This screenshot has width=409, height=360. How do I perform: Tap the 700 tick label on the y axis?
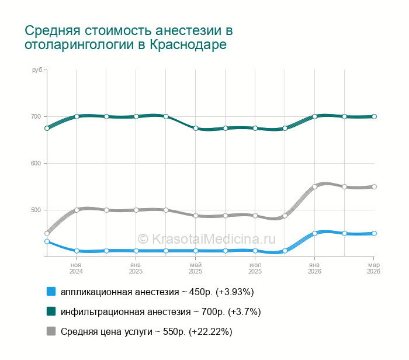(x=36, y=117)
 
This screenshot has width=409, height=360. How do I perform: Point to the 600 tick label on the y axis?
(x=36, y=164)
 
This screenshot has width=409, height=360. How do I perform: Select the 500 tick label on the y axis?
(x=36, y=210)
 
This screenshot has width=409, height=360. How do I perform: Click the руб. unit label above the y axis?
(x=37, y=70)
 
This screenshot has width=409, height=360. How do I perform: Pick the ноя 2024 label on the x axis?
(x=77, y=268)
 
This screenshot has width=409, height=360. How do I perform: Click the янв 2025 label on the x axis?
(x=136, y=268)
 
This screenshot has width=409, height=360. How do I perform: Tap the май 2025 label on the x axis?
(x=196, y=268)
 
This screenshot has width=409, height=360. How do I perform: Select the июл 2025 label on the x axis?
(x=255, y=268)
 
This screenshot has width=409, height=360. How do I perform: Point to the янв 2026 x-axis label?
(x=314, y=268)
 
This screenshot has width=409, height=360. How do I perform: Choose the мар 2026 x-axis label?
(x=374, y=268)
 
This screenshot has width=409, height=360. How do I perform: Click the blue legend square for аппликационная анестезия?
(x=51, y=292)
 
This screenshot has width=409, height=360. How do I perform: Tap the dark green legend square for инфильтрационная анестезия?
(x=51, y=311)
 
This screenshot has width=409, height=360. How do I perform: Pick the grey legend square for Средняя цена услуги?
(x=51, y=331)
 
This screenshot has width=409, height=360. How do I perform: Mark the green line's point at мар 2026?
(x=374, y=117)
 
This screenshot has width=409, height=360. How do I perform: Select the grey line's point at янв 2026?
(x=314, y=187)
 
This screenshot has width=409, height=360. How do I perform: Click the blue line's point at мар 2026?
(x=374, y=234)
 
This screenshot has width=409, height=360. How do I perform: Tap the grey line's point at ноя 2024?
(x=77, y=210)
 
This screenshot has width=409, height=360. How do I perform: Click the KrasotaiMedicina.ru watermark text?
(x=206, y=238)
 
